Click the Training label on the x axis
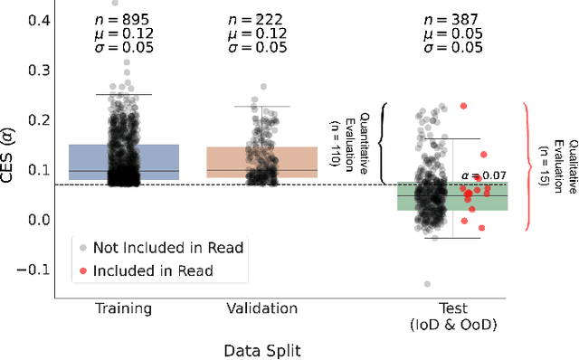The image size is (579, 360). [x=123, y=308]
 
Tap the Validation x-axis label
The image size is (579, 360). [x=262, y=308]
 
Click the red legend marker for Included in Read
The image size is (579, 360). [x=83, y=270]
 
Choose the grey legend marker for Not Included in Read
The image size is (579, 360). [x=83, y=247]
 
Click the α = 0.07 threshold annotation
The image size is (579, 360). [x=482, y=175]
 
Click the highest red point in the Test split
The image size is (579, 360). [x=463, y=106]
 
